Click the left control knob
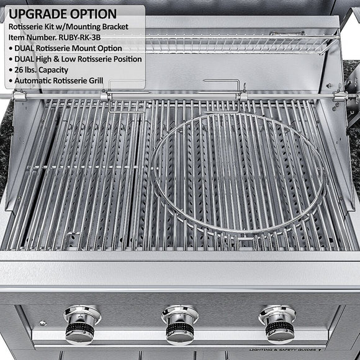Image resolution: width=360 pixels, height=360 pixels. point(81,324)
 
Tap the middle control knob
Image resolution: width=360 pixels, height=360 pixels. point(179,324)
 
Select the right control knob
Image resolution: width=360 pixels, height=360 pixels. point(277,323)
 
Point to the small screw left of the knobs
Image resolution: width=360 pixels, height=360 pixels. point(42,323)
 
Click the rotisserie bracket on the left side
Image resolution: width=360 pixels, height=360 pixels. point(19,96)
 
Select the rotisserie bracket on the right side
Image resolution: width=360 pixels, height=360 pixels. point(340,96)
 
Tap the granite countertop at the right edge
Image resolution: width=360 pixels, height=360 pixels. point(351,124)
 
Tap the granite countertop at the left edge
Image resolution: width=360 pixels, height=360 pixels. point(6,143)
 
